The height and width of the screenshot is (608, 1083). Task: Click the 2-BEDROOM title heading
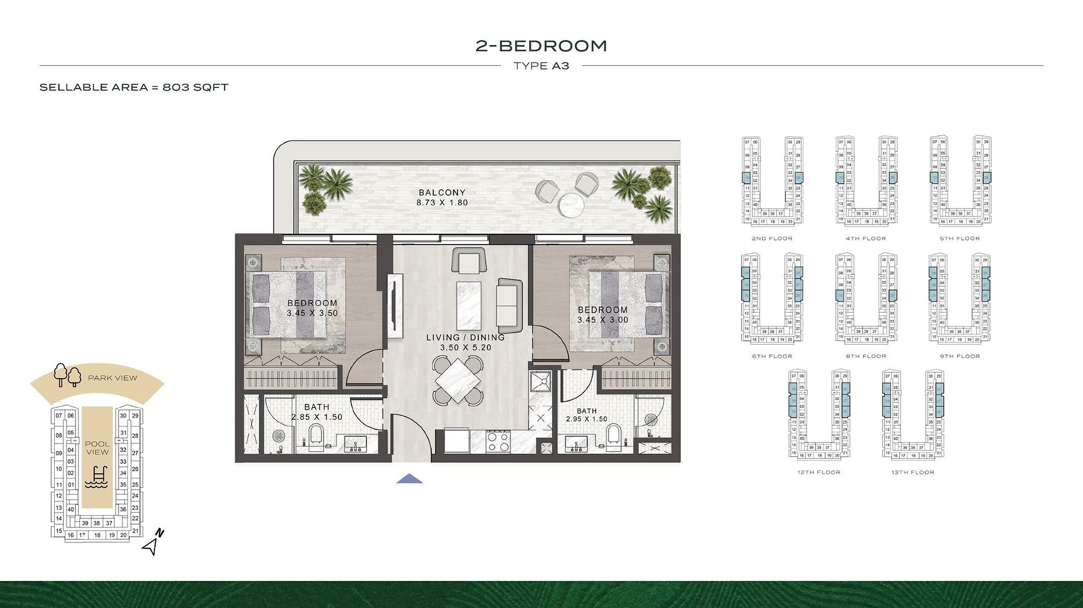tap(541, 46)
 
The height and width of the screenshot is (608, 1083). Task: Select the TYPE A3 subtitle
tap(541, 66)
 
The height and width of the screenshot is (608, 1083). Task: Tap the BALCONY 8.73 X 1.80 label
tap(442, 198)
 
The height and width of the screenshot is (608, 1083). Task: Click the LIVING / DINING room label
tap(465, 342)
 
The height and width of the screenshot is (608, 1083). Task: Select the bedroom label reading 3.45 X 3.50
tap(312, 308)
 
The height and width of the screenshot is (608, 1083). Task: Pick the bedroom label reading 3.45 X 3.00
tap(602, 314)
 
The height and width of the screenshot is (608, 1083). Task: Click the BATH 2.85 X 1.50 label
tap(316, 412)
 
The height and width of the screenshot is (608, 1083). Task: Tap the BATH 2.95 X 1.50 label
tap(587, 415)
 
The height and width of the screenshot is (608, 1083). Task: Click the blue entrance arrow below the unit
tap(410, 479)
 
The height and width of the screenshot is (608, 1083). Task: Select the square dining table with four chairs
tap(459, 380)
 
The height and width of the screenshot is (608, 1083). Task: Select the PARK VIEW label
tap(112, 378)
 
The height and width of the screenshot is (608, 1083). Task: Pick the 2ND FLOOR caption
tap(772, 239)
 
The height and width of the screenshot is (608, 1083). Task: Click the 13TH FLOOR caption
tap(913, 473)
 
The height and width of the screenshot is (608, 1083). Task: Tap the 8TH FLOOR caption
tap(866, 356)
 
